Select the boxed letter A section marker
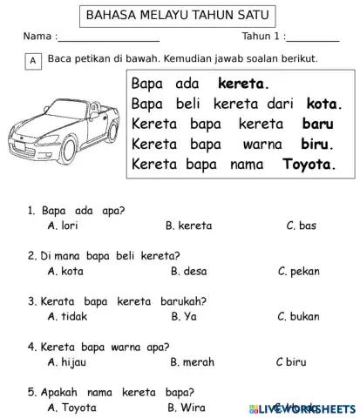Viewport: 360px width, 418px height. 33,61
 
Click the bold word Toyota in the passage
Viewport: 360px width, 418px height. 309,164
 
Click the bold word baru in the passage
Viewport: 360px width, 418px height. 317,124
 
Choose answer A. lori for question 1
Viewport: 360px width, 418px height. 64,226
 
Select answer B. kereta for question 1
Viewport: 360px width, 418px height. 188,226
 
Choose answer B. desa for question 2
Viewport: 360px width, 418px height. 188,271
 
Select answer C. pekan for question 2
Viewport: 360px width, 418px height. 298,271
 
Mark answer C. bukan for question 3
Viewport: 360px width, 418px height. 298,316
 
